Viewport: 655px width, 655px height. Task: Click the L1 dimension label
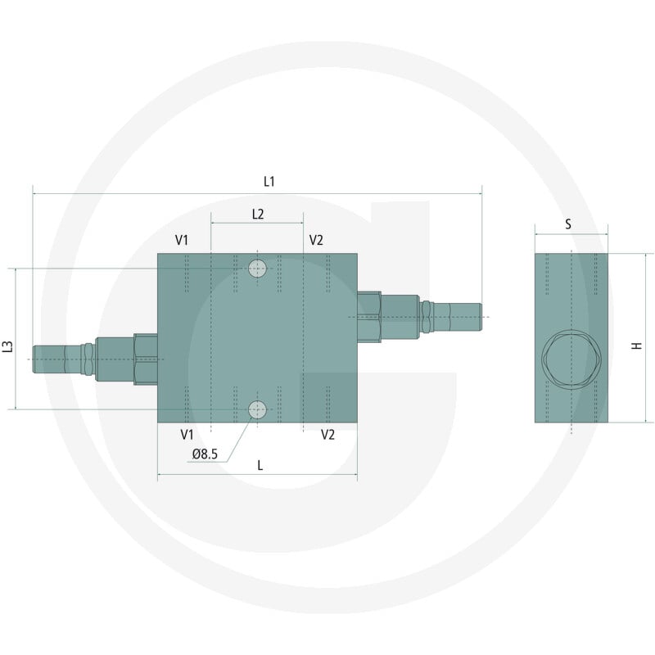click(x=269, y=181)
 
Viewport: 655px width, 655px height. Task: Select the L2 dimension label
click(x=258, y=215)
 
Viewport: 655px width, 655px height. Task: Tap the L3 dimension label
click(x=8, y=346)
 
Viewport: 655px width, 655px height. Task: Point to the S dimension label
click(x=568, y=224)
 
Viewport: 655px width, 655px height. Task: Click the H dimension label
click(x=636, y=346)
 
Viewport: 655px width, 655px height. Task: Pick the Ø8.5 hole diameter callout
click(x=205, y=454)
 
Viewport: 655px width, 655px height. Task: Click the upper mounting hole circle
click(x=257, y=269)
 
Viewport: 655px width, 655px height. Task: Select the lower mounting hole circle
click(x=257, y=410)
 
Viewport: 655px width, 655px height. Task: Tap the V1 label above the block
click(x=182, y=240)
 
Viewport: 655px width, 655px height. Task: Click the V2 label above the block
click(x=316, y=240)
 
